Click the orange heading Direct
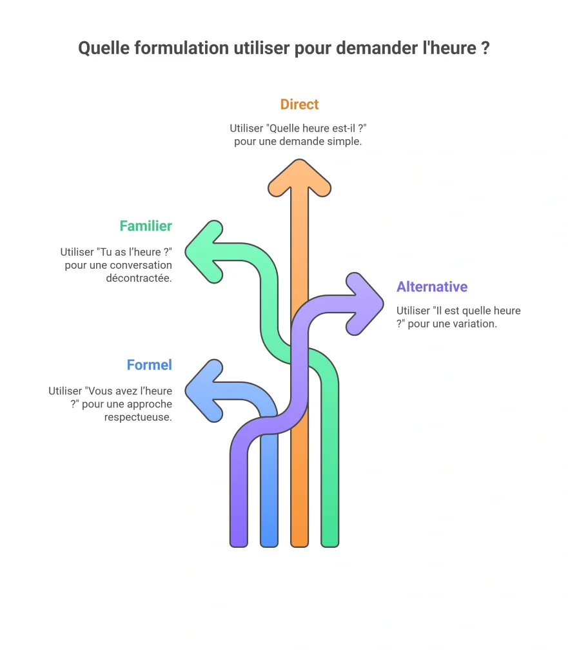point(299,104)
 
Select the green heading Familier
point(146,226)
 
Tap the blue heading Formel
point(150,365)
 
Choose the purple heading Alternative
point(432,287)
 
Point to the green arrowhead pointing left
point(202,252)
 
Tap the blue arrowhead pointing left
point(202,391)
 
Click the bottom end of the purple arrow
point(239,546)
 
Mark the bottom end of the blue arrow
point(269,546)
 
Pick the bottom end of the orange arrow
point(299,546)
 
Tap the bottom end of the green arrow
point(329,546)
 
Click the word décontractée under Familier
point(139,278)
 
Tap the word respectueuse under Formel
point(138,417)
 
